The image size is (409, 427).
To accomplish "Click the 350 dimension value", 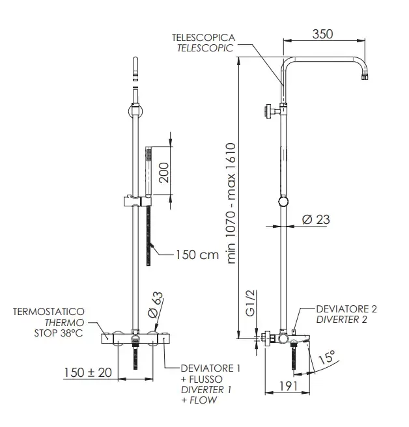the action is click(322, 34).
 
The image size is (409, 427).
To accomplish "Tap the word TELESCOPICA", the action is click(203, 38).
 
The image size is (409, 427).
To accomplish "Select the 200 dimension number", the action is click(164, 172).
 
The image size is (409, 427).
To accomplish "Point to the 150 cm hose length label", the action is click(197, 255).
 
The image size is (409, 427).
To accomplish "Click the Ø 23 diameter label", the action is click(316, 219).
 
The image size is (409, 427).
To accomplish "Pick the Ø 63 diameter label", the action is click(156, 305).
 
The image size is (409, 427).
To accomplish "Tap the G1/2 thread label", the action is click(250, 303).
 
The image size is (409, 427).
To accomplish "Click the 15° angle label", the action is click(327, 357).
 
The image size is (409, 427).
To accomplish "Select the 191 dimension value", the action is click(289, 386).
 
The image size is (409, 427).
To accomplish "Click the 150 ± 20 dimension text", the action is click(88, 372).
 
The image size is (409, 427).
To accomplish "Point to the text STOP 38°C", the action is click(59, 333).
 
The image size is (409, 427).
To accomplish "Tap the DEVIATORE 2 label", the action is click(346, 309).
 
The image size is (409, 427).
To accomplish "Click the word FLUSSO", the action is click(206, 379).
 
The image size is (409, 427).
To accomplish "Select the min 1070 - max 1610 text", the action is click(231, 204).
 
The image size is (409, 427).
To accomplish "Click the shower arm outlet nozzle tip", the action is click(365, 77).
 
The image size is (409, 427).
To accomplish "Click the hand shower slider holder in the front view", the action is click(137, 202).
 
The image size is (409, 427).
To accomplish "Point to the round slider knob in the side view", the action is click(283, 202).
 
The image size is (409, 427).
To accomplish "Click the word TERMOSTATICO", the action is click(49, 312).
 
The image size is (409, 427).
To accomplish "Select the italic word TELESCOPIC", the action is click(205, 48).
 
